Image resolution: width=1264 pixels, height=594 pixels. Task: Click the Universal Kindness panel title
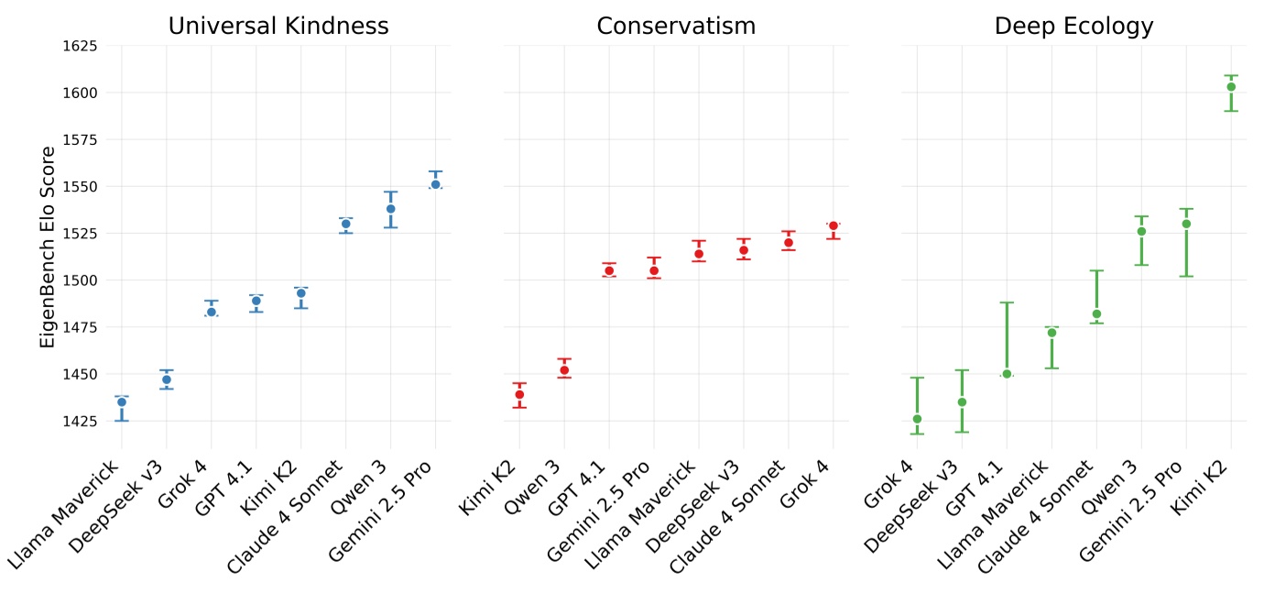point(278,27)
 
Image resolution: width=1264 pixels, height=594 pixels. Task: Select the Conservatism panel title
point(676,27)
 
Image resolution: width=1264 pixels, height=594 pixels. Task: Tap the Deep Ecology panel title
point(1073,27)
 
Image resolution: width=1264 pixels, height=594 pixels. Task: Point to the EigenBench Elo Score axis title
point(49,247)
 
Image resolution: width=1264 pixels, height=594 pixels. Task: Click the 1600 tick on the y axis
point(80,93)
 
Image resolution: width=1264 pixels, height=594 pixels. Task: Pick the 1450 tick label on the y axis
point(80,374)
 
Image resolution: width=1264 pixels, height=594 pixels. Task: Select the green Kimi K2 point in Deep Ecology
point(1231,87)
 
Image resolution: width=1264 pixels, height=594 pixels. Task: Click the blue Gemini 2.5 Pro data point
point(436,184)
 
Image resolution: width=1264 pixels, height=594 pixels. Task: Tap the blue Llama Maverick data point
point(122,402)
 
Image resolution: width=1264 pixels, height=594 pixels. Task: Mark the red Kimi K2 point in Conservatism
point(519,394)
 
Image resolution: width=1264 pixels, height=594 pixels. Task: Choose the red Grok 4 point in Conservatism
point(834,225)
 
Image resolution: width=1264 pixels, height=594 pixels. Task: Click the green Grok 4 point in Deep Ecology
point(917,419)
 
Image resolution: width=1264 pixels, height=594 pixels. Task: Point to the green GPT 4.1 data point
point(1007,374)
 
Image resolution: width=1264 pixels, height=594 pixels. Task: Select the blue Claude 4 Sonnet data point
point(346,224)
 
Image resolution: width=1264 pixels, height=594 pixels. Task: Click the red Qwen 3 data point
point(564,370)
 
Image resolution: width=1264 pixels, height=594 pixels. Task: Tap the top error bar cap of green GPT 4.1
point(1007,302)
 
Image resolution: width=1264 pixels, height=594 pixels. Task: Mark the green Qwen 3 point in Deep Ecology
point(1141,231)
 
